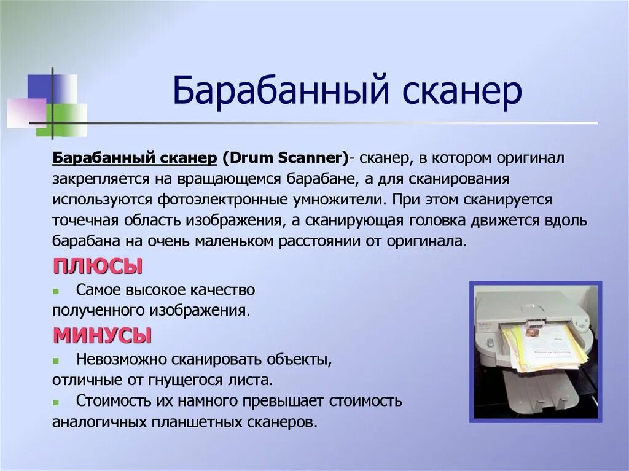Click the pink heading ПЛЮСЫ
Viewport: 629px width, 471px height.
coord(98,266)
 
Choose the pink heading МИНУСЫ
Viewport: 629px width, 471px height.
coord(103,335)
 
